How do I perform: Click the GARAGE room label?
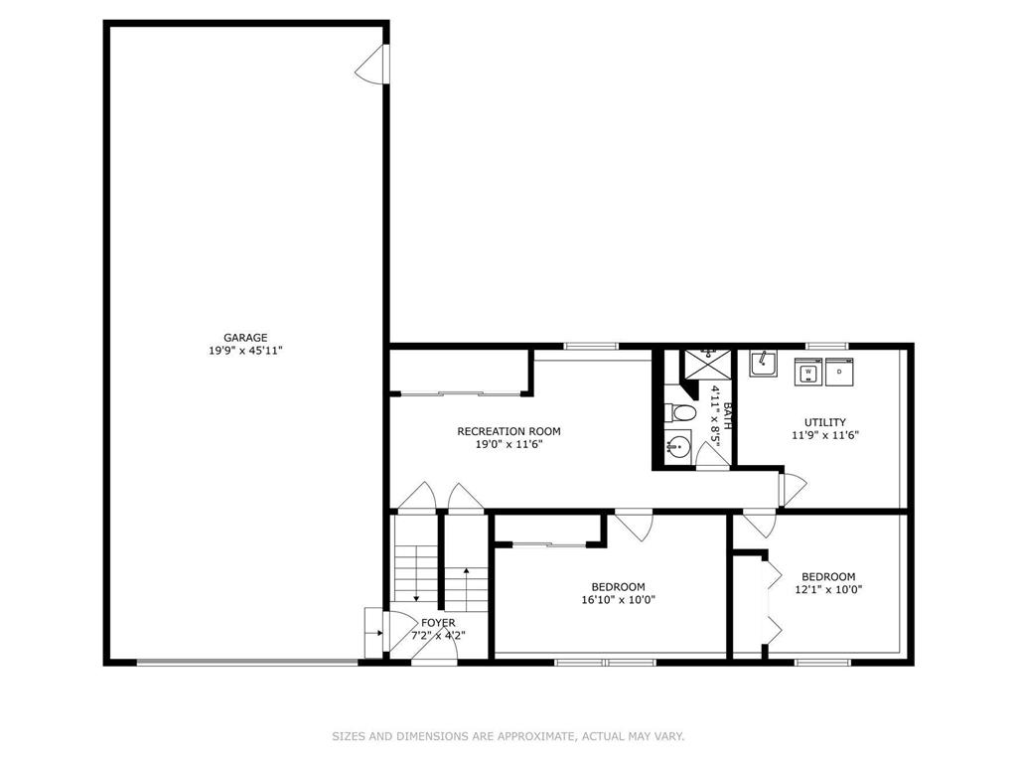coord(245,338)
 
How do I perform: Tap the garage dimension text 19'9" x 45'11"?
coord(245,351)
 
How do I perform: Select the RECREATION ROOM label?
coord(508,431)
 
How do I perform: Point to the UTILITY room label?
coord(825,422)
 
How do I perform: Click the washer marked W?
coord(808,372)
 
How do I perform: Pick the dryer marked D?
coord(839,372)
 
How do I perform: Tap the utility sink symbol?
coord(764,364)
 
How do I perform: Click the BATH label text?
coord(727,416)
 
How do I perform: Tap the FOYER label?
coord(438,623)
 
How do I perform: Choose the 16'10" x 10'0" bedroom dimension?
coord(618,600)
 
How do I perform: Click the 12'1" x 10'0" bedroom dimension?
coord(828,590)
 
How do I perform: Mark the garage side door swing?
coord(371,64)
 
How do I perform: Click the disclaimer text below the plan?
coord(508,736)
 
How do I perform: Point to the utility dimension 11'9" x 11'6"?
coord(825,435)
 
